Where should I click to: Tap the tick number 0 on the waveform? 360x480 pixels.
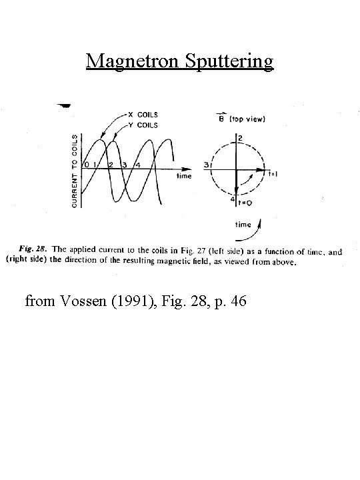pos(85,165)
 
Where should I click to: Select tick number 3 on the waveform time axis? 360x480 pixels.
pos(125,165)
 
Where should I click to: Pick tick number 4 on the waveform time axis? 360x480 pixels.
pos(137,165)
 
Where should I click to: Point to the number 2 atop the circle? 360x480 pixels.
pos(239,138)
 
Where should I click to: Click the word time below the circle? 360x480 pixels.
pos(243,225)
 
